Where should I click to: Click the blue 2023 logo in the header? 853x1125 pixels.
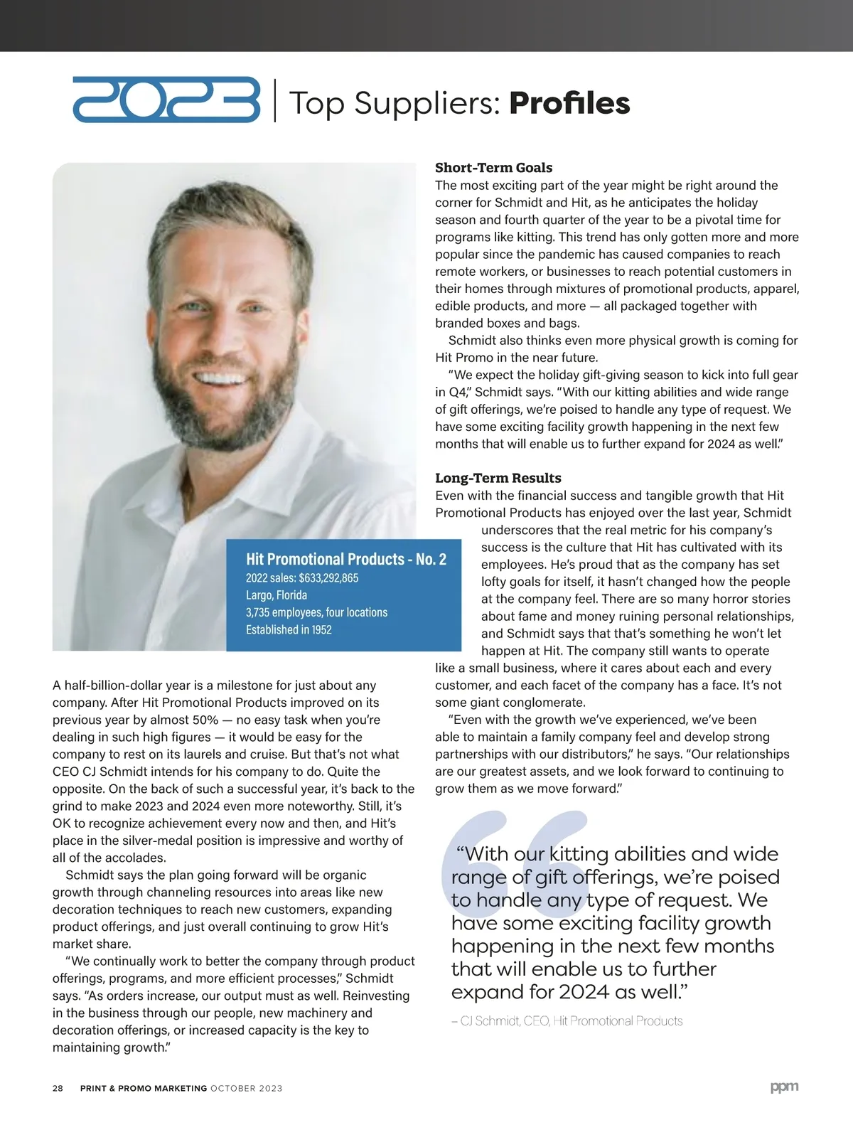tap(166, 100)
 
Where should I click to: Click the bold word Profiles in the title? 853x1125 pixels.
tap(569, 103)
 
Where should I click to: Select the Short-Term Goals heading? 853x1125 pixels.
tap(493, 168)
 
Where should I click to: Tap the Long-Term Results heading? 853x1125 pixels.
tap(498, 478)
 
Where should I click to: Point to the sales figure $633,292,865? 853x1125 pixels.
tap(328, 577)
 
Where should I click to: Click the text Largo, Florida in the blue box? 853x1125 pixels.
tap(277, 595)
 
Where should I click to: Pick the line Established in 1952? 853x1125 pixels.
tap(289, 629)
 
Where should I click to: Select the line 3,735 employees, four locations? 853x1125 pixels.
tap(316, 612)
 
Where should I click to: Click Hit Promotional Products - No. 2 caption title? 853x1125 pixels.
tap(346, 559)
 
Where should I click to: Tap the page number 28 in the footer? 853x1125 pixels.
tap(58, 1088)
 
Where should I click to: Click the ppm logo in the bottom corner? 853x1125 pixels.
tap(784, 1087)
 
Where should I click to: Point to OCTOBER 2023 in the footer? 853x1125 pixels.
tap(246, 1088)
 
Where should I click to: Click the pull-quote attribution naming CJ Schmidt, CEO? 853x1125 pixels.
tap(567, 1021)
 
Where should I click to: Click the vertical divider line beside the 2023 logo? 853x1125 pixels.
tap(275, 101)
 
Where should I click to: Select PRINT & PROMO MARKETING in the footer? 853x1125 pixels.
tap(144, 1088)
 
